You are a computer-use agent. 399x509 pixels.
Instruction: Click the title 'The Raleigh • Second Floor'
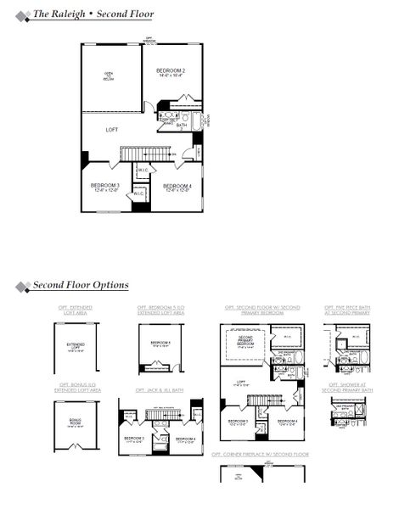coord(93,14)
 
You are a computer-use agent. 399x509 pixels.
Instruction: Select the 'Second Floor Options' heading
coord(81,285)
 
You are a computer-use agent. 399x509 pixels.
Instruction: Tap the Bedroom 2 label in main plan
coord(171,72)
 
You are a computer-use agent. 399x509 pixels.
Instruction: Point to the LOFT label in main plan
coord(111,130)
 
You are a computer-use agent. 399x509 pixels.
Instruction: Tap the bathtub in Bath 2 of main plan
coord(198,122)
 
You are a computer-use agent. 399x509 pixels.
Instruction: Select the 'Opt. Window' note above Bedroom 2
coord(150,40)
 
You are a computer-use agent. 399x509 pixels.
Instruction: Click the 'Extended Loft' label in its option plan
coord(76,346)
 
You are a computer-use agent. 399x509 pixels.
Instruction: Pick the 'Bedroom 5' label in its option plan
coord(160,344)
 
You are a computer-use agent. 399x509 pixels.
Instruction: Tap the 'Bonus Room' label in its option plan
coord(76,424)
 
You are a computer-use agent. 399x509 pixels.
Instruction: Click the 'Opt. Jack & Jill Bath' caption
coord(160,390)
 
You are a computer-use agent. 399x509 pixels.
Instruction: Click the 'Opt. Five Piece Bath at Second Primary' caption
coord(347,310)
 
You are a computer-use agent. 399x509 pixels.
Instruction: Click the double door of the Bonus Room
coord(76,450)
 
